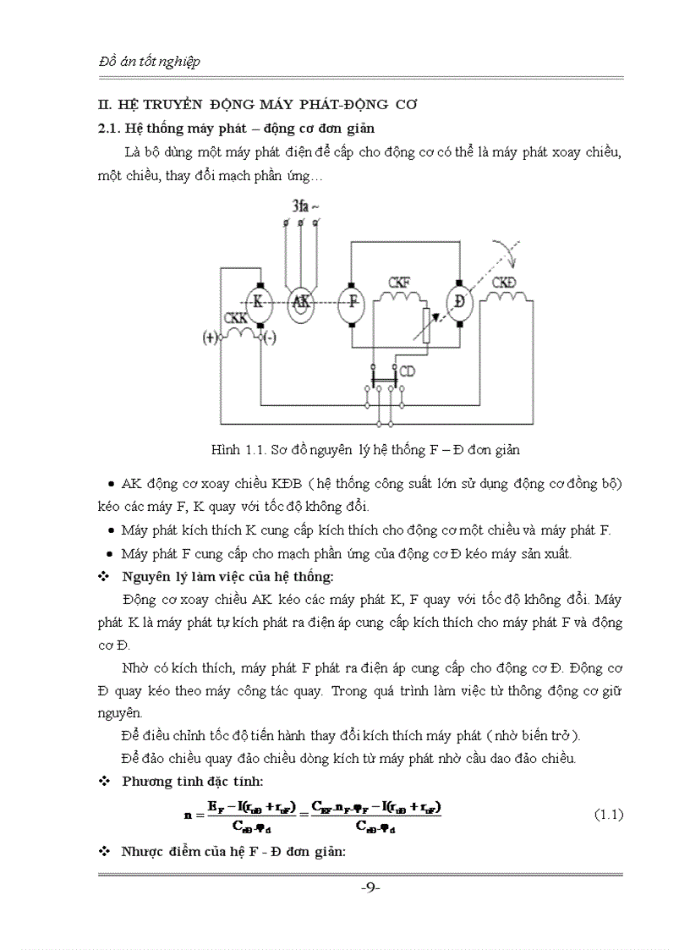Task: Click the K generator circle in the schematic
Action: pyautogui.click(x=259, y=302)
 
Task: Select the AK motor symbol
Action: pyautogui.click(x=298, y=303)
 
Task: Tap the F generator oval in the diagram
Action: pyautogui.click(x=349, y=302)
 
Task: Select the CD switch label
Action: pyautogui.click(x=407, y=371)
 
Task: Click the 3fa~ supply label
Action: pyautogui.click(x=304, y=206)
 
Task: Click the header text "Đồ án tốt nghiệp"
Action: pyautogui.click(x=150, y=63)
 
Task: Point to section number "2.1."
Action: pyautogui.click(x=110, y=129)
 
